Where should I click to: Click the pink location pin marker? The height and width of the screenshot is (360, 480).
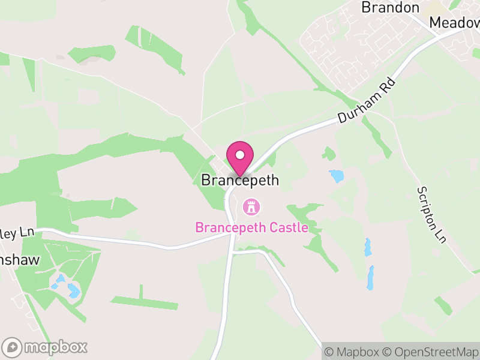tap(240, 158)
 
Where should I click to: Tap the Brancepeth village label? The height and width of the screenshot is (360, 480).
tap(240, 180)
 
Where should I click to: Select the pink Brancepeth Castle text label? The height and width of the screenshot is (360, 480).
tap(251, 228)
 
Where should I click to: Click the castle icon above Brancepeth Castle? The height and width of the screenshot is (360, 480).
tap(251, 208)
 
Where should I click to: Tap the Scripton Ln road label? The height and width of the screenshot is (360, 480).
tap(432, 214)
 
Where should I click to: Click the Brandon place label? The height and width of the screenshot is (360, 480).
tap(390, 8)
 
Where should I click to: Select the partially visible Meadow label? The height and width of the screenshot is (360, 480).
tap(455, 23)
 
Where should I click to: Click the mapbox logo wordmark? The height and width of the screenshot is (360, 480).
tap(55, 347)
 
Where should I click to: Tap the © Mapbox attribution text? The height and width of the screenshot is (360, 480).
tap(352, 352)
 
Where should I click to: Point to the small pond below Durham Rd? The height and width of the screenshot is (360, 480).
tap(336, 176)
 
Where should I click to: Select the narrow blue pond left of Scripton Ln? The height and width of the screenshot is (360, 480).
tap(371, 278)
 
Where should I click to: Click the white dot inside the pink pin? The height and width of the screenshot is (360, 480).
tap(240, 155)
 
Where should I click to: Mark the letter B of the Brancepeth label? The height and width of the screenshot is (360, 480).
tap(206, 180)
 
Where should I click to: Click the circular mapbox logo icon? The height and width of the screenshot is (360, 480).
tap(12, 347)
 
